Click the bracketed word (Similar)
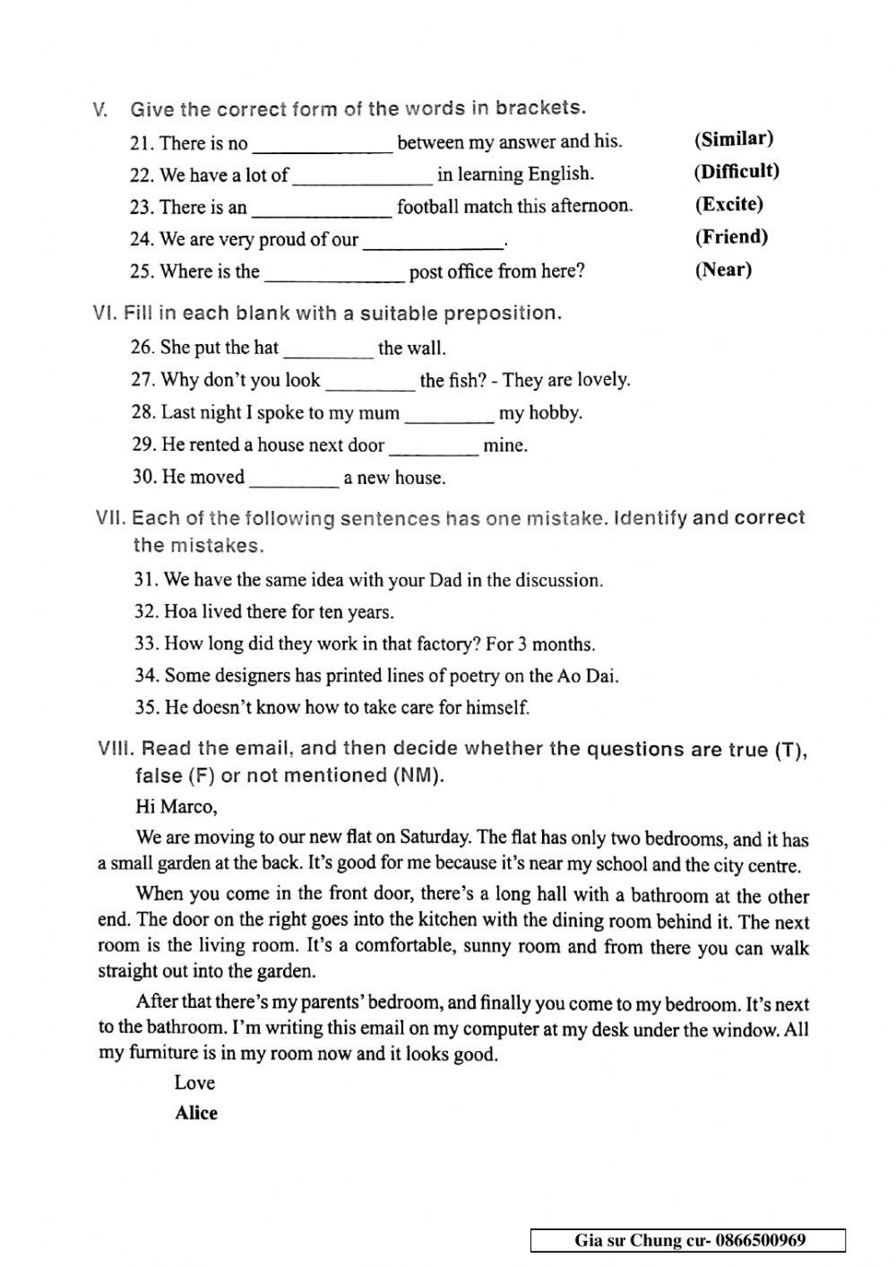(x=734, y=139)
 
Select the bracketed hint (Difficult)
(x=737, y=171)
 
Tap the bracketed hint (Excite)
(x=728, y=204)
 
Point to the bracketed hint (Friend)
(x=731, y=237)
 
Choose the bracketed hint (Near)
(x=723, y=270)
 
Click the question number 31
(x=147, y=581)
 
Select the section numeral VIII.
(x=115, y=749)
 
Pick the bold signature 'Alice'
(x=196, y=1113)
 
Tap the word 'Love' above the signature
(x=194, y=1082)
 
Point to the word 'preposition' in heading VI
(x=502, y=314)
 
